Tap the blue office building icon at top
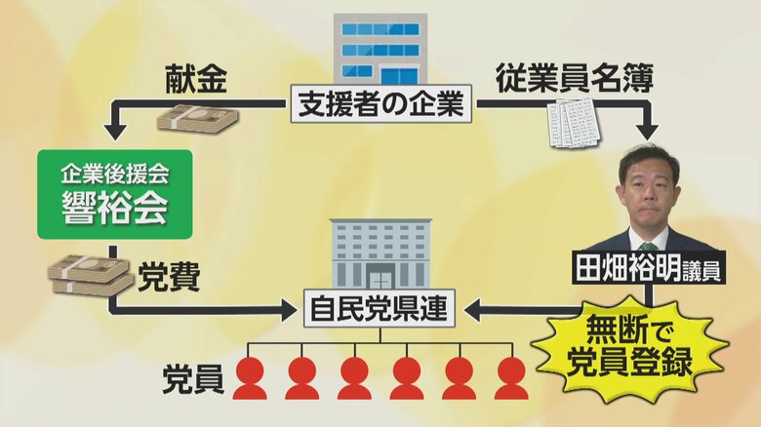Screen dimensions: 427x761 click(x=380, y=48)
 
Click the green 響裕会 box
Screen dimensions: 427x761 click(x=115, y=193)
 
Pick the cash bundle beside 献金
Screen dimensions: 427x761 click(x=198, y=119)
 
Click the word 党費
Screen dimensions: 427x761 click(x=169, y=276)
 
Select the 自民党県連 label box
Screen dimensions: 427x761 click(x=380, y=310)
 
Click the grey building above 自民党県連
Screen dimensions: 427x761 click(x=380, y=252)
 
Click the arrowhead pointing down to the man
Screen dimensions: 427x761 click(x=647, y=132)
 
